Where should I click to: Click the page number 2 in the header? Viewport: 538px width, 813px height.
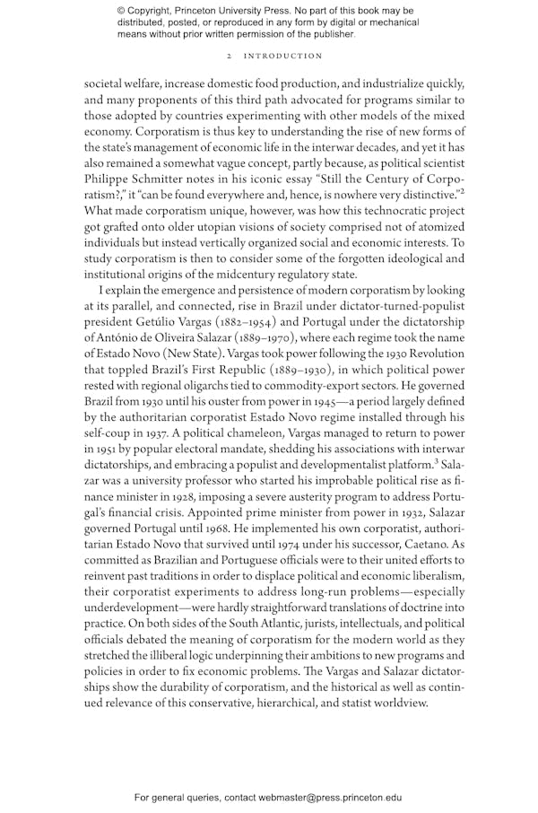click(x=230, y=56)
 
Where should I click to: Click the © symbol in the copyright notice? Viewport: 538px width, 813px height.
click(x=121, y=11)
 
